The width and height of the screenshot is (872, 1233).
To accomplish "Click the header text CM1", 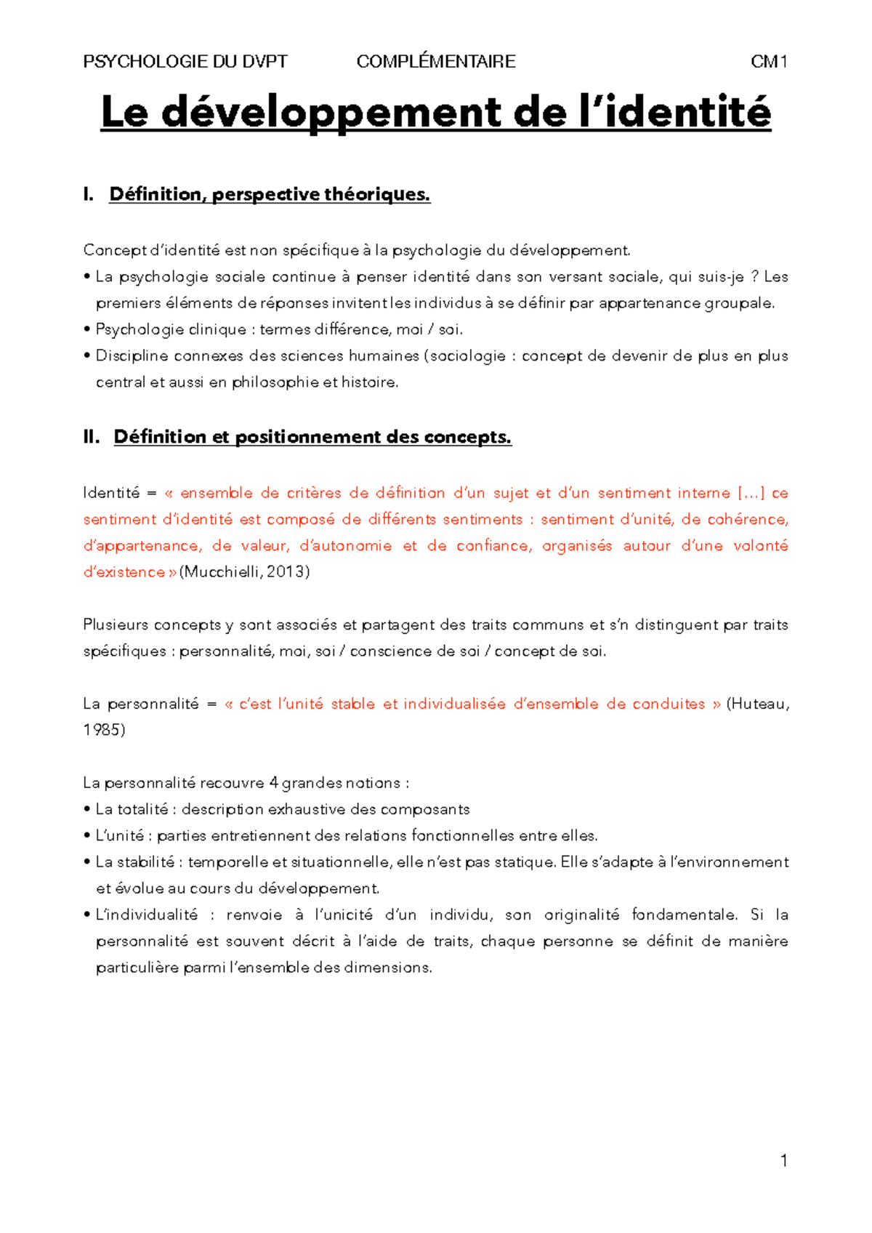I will [769, 62].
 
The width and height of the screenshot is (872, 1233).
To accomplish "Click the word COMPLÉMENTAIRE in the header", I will [436, 62].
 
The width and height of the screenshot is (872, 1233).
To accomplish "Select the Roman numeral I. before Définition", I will [89, 194].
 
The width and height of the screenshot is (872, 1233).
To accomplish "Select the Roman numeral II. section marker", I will [92, 437].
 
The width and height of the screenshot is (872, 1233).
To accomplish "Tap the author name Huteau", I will [760, 704].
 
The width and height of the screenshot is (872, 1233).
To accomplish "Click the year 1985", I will [102, 730].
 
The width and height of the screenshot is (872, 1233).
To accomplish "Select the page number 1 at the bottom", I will [783, 1160].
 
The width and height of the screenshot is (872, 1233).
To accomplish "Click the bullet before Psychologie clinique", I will [87, 330].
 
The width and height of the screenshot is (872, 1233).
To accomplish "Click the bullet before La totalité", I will [87, 810].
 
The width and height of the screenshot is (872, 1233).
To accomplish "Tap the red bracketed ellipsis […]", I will [751, 493].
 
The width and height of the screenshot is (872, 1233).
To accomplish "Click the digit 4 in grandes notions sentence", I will [273, 783].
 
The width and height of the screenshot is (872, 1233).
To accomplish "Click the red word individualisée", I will [454, 704].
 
